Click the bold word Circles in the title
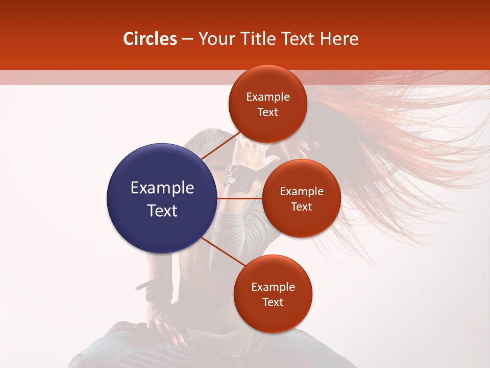(150, 39)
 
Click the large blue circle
(162, 198)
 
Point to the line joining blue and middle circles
(240, 198)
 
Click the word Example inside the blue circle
(162, 188)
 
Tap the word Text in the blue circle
(162, 211)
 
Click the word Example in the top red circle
(268, 97)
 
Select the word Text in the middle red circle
(301, 206)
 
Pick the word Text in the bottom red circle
(273, 302)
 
